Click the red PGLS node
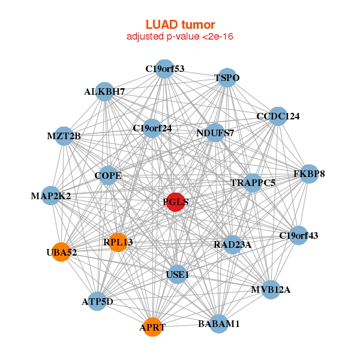(176, 202)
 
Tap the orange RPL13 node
(118, 242)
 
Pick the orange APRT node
(152, 327)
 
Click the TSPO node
(227, 78)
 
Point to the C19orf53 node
(164, 68)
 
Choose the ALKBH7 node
(104, 92)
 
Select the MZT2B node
(64, 136)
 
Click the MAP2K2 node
(51, 196)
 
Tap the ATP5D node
(97, 301)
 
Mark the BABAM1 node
(218, 324)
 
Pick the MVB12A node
(271, 290)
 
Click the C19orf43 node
(299, 236)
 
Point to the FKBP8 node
(309, 174)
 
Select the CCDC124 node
(278, 116)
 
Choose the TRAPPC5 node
(253, 182)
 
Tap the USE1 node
(177, 274)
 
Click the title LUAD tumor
(180, 25)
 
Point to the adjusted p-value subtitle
(180, 37)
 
